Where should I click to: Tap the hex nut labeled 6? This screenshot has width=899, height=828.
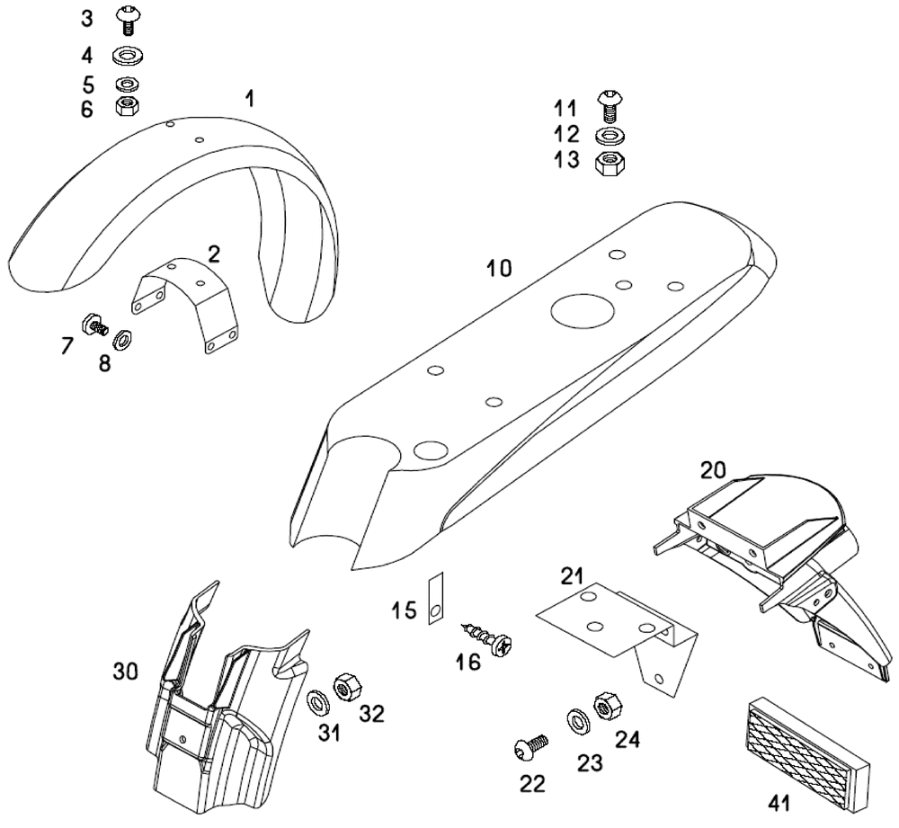(x=128, y=107)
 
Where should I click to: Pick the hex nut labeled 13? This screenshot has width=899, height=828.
(x=610, y=164)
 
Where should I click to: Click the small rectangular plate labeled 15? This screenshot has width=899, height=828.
(x=434, y=598)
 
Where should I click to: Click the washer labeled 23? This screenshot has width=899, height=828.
(x=576, y=720)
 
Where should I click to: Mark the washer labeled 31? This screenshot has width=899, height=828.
(x=316, y=699)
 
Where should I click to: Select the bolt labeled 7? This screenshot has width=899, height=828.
(x=93, y=325)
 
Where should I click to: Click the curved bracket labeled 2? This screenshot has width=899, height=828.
(x=189, y=301)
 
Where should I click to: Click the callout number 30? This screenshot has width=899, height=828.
(x=126, y=671)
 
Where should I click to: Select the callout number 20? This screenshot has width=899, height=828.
(x=713, y=469)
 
